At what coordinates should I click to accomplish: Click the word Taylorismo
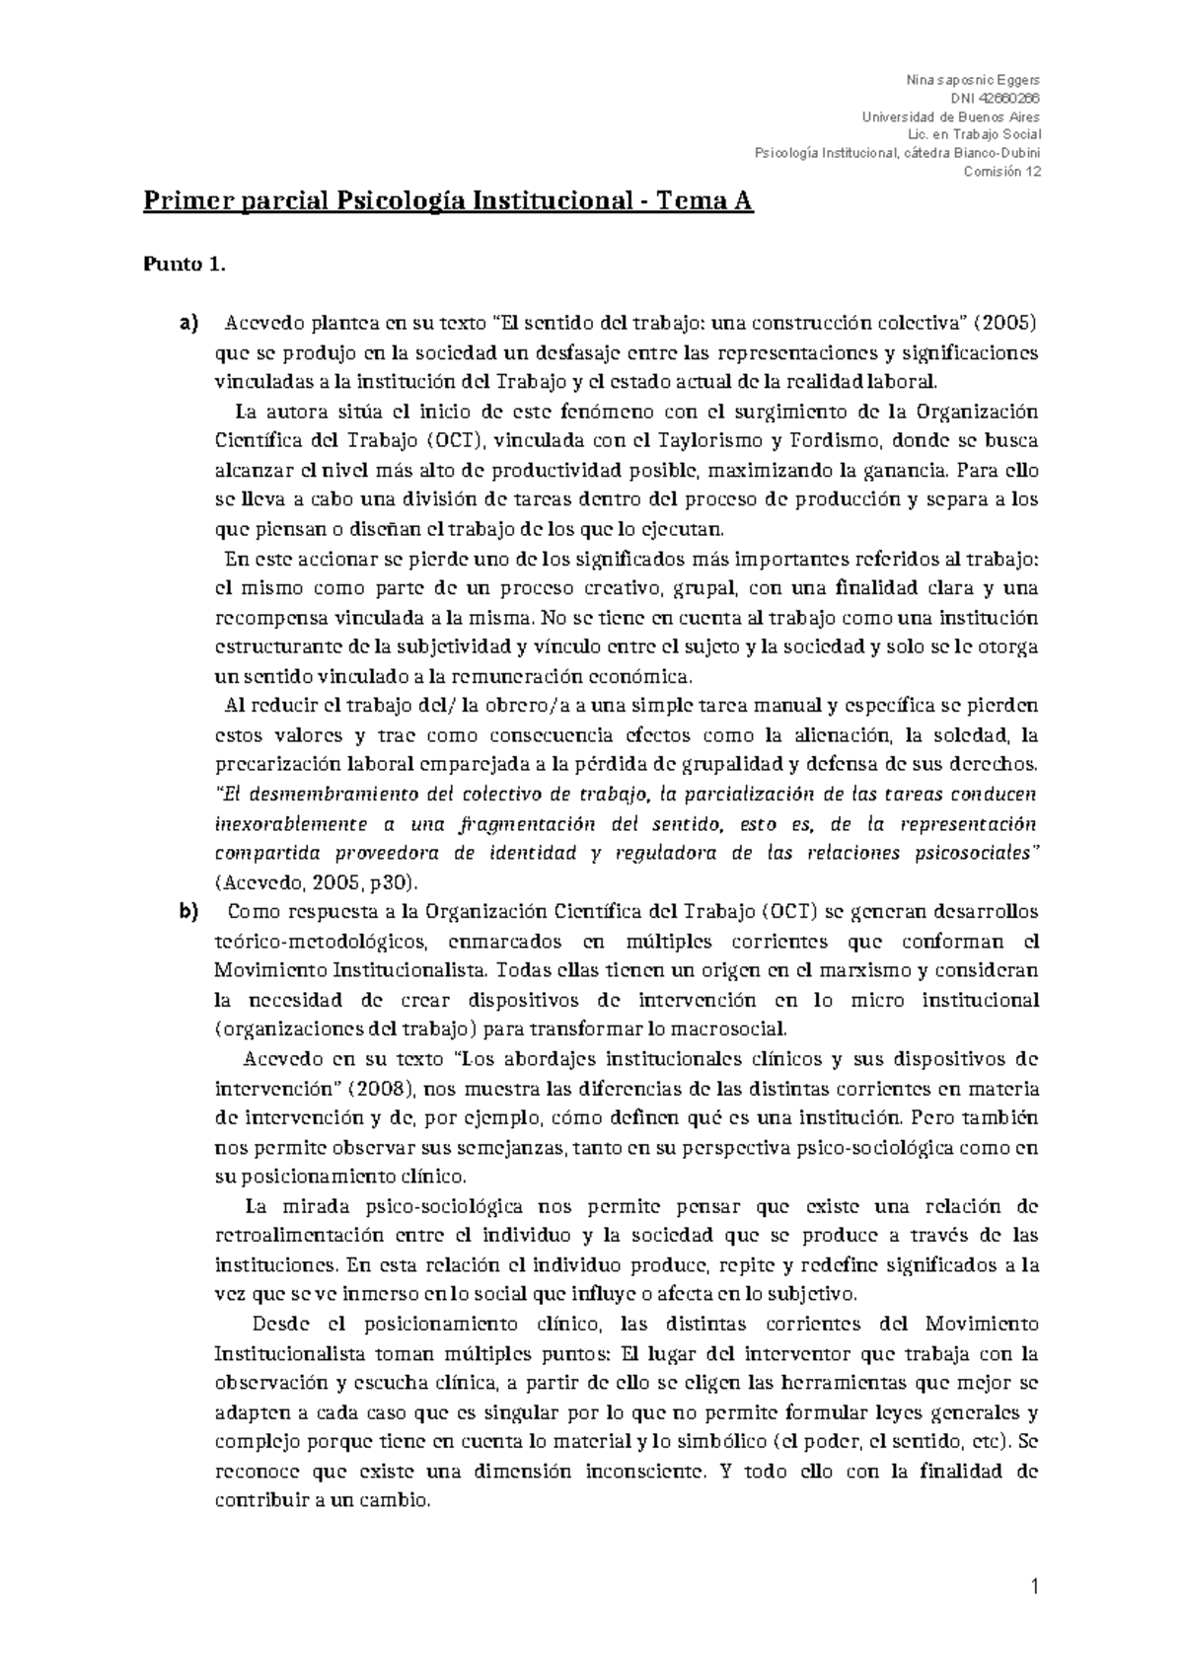tap(705, 441)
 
